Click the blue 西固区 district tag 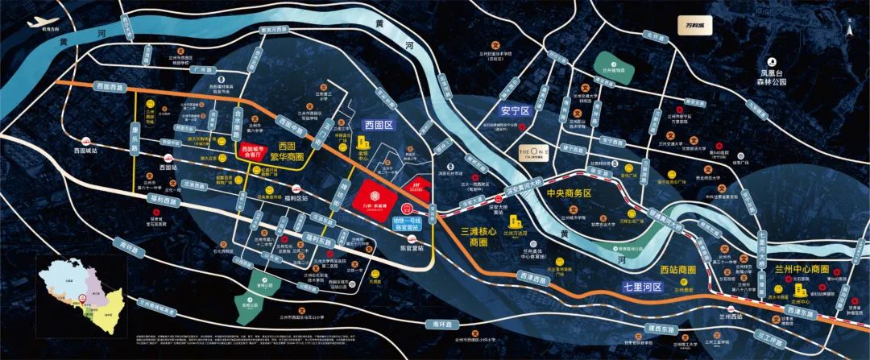(x=378, y=125)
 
